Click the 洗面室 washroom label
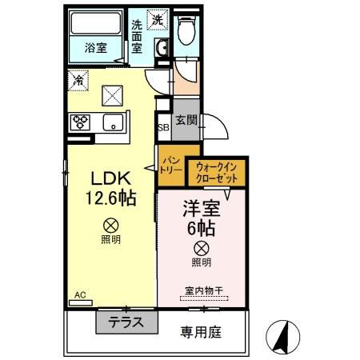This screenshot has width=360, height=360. tap(138, 36)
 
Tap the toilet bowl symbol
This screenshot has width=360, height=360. tap(186, 33)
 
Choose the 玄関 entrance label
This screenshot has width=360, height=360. tap(186, 121)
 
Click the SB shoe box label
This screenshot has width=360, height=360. tap(162, 128)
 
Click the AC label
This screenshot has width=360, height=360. tap(79, 295)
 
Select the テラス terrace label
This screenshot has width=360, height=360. tap(126, 323)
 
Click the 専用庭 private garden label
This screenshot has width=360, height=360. tap(198, 329)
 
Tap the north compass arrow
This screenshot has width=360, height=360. tap(282, 337)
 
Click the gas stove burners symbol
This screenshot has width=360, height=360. tap(82, 122)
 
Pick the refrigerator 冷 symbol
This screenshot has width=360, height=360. tap(78, 79)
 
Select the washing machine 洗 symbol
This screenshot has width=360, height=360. tap(158, 18)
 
